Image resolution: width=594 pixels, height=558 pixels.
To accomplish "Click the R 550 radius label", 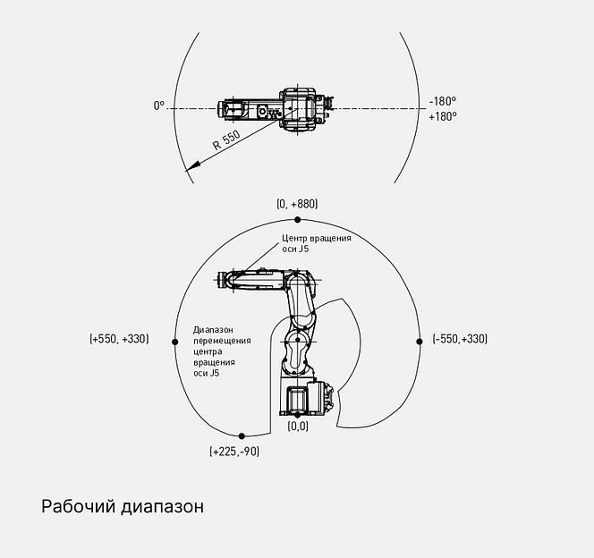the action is pos(226,140).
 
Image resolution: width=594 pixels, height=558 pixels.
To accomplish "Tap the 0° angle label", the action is pos(159,106).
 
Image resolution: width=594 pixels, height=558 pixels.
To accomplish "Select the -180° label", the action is pos(443,101).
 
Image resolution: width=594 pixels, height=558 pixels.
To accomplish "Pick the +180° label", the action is pos(443,116).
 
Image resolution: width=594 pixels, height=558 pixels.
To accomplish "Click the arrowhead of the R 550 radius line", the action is pos(192,166).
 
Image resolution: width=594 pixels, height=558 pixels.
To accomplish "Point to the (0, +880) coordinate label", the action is pos(297,204).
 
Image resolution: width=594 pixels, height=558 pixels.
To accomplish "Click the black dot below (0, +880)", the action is pos(297,220).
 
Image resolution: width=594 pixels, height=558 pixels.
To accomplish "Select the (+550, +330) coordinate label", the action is pos(119,338).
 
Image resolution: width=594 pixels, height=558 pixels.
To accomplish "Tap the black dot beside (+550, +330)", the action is pos(174,342).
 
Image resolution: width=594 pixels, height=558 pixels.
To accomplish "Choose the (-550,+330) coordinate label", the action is pos(460,338).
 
